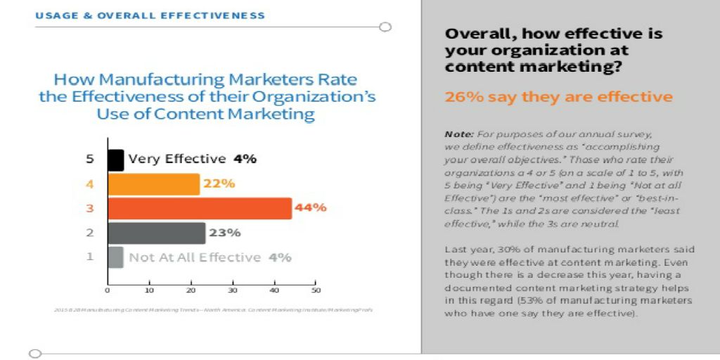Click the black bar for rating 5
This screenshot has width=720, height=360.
point(115,160)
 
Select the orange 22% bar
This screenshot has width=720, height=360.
point(153,184)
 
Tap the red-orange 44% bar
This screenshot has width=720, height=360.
point(199,208)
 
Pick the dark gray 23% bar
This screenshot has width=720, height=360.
point(156,233)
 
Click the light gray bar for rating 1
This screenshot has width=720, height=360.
point(115,257)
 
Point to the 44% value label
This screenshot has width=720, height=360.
point(310,208)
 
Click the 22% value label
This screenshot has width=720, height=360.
point(218,184)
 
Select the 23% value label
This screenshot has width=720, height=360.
point(225,233)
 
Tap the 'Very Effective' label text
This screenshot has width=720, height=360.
point(176,160)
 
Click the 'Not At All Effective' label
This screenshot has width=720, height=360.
point(195,257)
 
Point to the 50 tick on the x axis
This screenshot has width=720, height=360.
point(316,290)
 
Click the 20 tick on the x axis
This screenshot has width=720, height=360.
point(191,290)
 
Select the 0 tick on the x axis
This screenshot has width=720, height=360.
point(108,290)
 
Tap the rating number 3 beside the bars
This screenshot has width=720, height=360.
point(89,208)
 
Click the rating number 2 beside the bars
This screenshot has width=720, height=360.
point(89,233)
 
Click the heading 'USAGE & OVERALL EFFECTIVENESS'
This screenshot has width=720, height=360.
point(150,15)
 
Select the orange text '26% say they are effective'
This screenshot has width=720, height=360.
point(558,97)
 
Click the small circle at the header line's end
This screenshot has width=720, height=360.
point(385,27)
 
